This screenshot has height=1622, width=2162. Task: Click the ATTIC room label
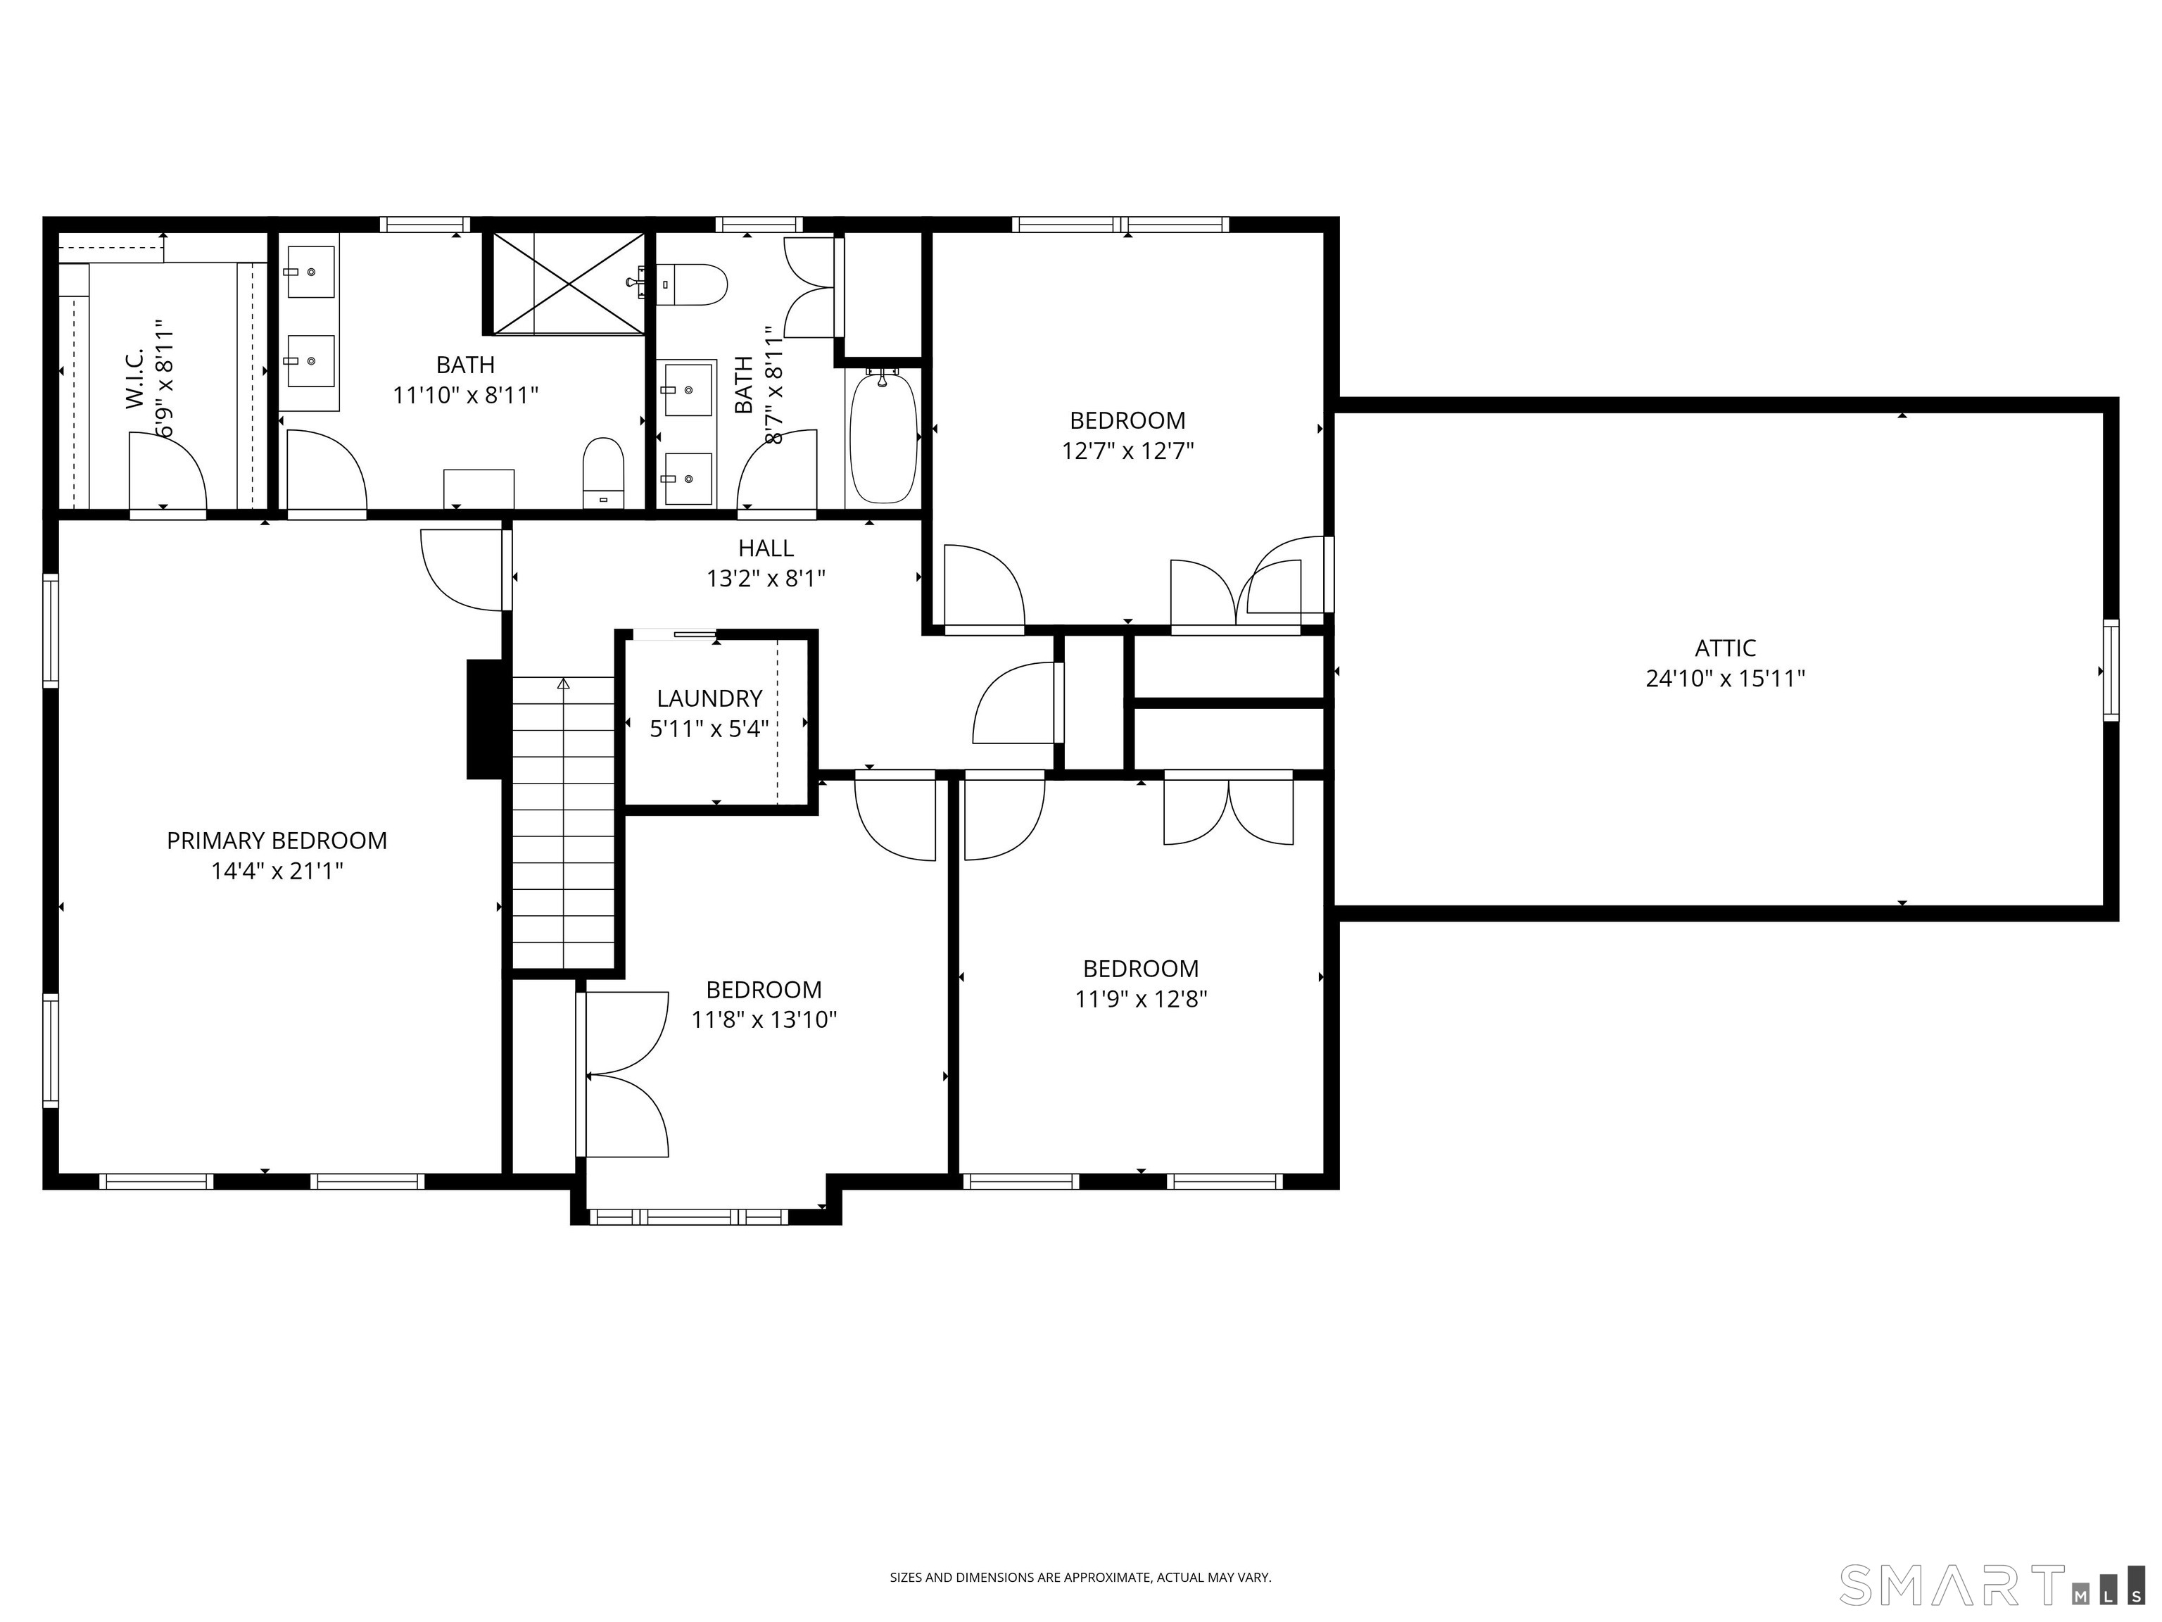tap(1724, 647)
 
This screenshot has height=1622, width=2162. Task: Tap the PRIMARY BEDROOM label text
tap(277, 840)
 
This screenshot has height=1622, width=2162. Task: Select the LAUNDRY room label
tap(709, 698)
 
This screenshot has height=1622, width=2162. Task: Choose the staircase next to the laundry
tap(563, 822)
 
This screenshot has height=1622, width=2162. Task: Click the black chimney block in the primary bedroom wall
tap(485, 719)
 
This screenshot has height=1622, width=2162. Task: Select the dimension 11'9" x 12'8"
tap(1141, 999)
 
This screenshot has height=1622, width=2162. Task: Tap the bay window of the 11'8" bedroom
tap(689, 1216)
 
